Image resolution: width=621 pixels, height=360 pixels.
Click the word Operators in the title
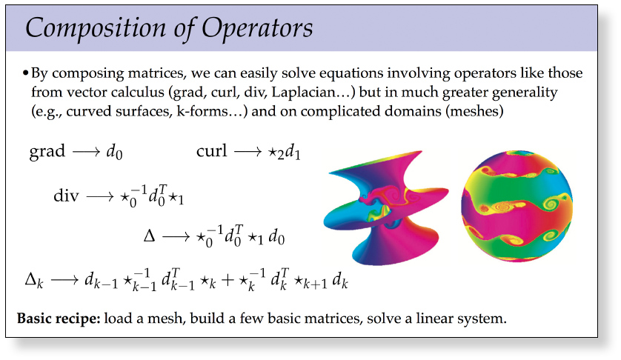point(257,29)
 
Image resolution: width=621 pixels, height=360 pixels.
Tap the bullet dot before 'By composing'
point(25,73)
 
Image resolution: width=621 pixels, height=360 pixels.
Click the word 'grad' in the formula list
point(47,152)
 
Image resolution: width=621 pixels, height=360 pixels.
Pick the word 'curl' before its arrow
point(211,151)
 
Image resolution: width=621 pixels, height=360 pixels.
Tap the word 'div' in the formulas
point(66,196)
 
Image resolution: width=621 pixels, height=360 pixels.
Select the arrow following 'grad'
point(87,153)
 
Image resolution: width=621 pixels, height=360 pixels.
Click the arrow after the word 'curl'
point(248,152)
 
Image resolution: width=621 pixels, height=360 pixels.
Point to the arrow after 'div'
point(100,196)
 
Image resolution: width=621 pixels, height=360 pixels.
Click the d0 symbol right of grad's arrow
point(114,153)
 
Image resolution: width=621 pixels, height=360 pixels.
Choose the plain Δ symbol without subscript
point(149,236)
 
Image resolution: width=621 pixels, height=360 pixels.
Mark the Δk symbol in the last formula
point(34,281)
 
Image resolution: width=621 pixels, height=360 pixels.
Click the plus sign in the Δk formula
point(228,281)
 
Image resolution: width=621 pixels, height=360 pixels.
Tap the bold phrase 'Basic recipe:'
point(59,319)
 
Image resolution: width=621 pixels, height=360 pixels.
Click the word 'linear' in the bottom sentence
point(434,319)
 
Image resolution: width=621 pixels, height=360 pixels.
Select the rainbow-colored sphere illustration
point(517,206)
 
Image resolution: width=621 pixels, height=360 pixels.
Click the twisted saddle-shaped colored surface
point(385,207)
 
